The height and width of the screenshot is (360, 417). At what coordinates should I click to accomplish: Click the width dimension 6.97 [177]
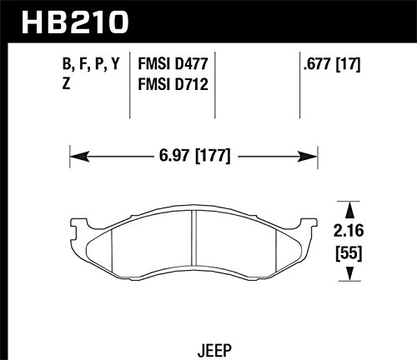coord(194,155)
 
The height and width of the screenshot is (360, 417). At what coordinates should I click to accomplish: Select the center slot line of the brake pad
coord(193,242)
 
